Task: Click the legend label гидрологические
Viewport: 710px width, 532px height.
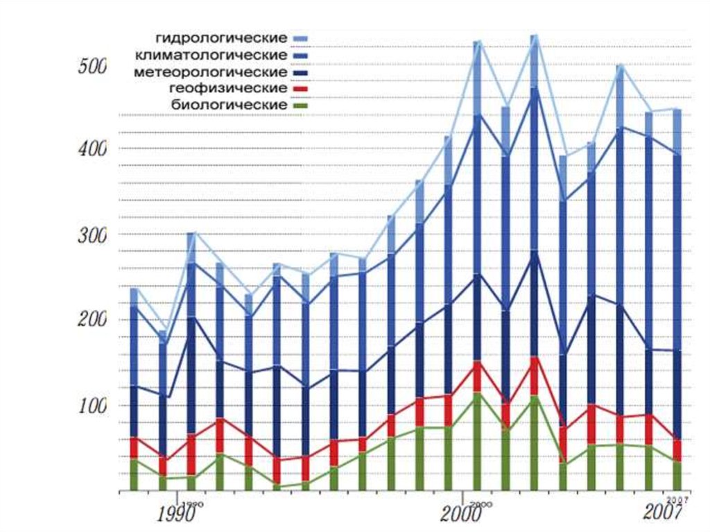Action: (x=220, y=37)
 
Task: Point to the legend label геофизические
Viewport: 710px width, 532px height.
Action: (x=227, y=88)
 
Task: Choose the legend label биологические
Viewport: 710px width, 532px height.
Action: (x=229, y=105)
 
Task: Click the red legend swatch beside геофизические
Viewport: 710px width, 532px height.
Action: (x=300, y=89)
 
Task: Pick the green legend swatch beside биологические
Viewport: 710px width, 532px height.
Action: (x=300, y=106)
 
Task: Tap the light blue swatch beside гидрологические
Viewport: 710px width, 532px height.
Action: (x=300, y=38)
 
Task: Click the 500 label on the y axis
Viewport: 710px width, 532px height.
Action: (x=92, y=67)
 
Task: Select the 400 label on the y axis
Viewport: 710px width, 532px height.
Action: (x=92, y=148)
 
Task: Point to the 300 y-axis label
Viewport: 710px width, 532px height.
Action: (x=92, y=235)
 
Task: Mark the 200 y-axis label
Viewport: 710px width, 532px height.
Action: (x=92, y=320)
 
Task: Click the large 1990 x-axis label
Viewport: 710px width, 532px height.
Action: (x=179, y=515)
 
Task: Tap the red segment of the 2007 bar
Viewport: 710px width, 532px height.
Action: (x=676, y=449)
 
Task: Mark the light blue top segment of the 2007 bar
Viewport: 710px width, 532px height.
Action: (x=676, y=132)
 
